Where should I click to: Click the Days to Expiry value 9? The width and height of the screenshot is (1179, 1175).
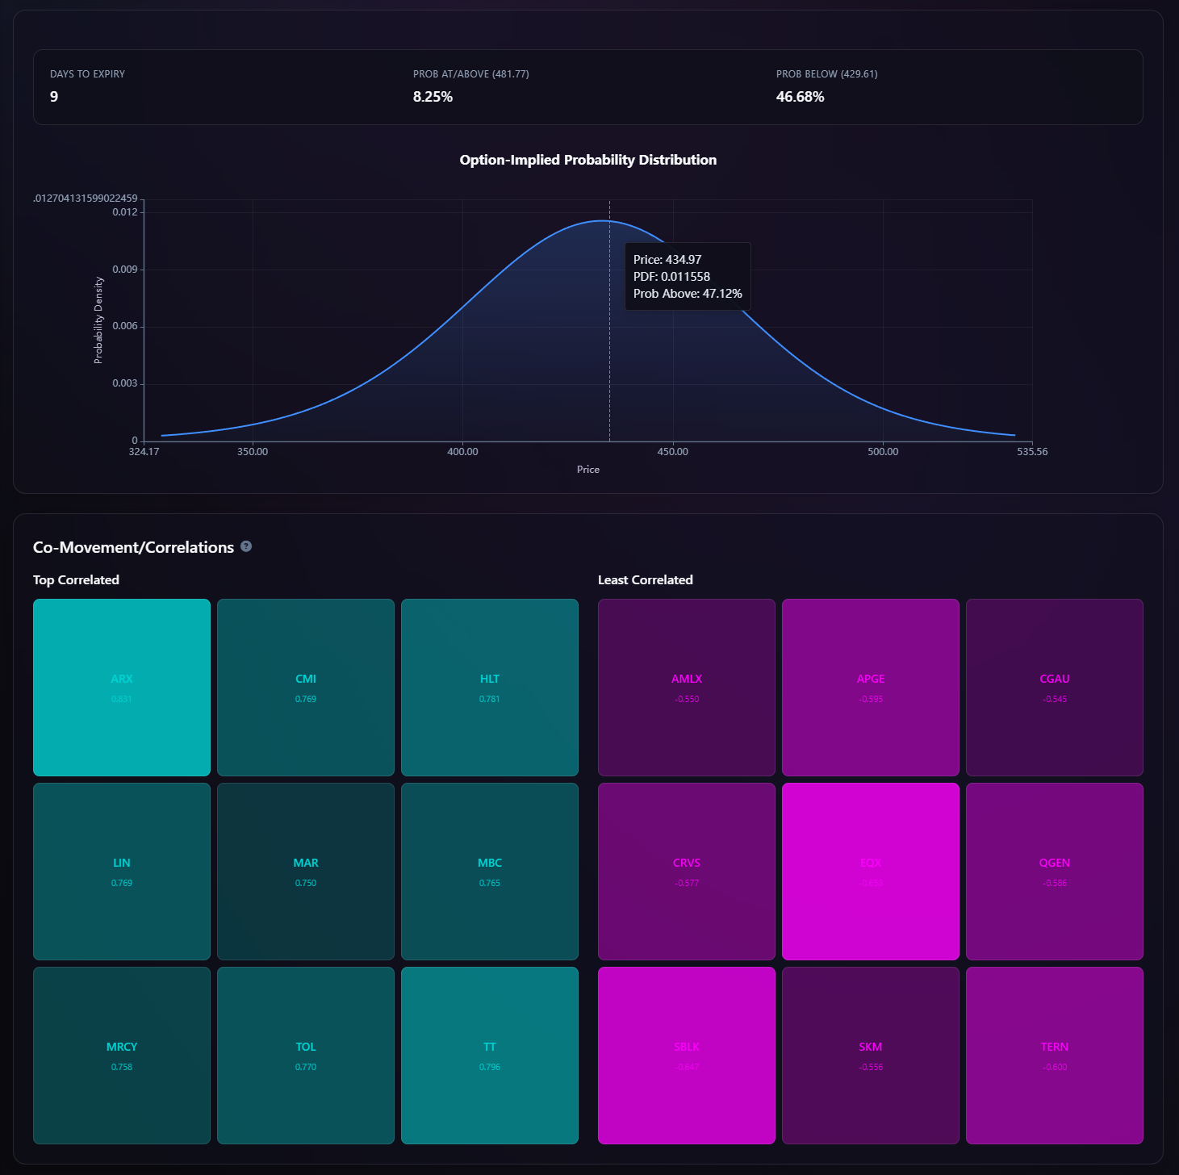[x=54, y=97]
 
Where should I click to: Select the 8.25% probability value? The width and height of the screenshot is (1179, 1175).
[x=433, y=97]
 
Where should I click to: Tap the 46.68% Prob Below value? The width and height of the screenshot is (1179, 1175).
[x=800, y=97]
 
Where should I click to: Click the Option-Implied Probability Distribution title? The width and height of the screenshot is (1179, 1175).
[x=587, y=160]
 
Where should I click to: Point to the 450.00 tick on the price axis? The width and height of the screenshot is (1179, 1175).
[x=672, y=452]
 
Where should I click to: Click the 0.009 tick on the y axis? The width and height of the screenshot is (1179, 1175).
[x=125, y=270]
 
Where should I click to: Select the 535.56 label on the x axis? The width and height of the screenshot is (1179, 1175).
[x=1032, y=452]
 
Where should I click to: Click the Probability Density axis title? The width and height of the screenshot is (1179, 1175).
[x=98, y=320]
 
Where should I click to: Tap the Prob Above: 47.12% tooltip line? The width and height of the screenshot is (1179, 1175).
[x=688, y=294]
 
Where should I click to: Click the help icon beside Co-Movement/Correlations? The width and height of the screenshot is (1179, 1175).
[x=246, y=546]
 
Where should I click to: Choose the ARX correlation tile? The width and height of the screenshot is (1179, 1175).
[x=122, y=688]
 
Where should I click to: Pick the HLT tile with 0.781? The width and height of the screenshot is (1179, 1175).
[x=490, y=688]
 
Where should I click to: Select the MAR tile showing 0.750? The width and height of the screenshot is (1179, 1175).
[x=306, y=872]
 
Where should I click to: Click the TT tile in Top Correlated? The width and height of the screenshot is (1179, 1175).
[x=490, y=1056]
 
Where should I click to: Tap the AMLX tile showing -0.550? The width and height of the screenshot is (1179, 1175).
[x=687, y=688]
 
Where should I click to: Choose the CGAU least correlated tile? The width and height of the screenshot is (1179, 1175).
[x=1055, y=688]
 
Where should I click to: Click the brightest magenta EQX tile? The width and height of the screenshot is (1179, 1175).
[x=871, y=872]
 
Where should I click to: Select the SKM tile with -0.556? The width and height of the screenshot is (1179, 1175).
[x=871, y=1056]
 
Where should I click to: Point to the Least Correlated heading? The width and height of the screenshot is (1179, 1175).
[x=645, y=580]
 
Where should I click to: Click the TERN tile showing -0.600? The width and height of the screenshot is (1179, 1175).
[x=1055, y=1056]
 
